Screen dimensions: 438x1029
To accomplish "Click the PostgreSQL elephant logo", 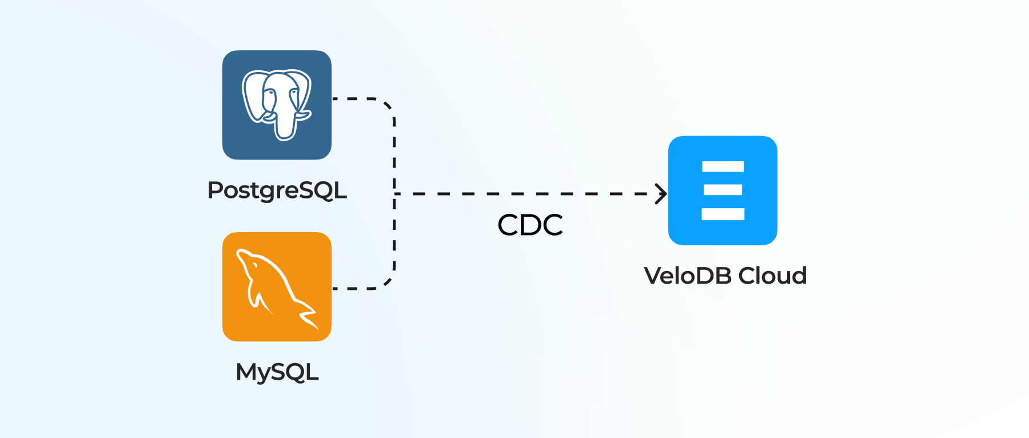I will (x=277, y=105).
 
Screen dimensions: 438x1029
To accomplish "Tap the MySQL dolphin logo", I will (x=277, y=286).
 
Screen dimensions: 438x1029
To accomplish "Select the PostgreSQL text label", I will (x=277, y=190).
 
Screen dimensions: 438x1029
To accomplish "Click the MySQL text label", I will (x=277, y=372).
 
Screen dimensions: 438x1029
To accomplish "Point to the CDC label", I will (x=530, y=225).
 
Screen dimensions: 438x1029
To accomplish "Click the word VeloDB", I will (x=688, y=276).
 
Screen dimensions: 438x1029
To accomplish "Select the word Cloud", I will (x=772, y=276).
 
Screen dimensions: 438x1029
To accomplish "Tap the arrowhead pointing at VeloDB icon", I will (x=661, y=194).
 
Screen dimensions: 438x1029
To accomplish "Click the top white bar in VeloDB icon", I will (x=723, y=166).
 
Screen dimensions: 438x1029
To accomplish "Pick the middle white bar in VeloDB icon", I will (x=723, y=190).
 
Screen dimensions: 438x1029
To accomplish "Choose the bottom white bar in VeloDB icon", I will (x=723, y=214).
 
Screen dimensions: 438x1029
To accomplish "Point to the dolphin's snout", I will (x=241, y=253).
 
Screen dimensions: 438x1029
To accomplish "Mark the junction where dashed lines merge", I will (x=395, y=194).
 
